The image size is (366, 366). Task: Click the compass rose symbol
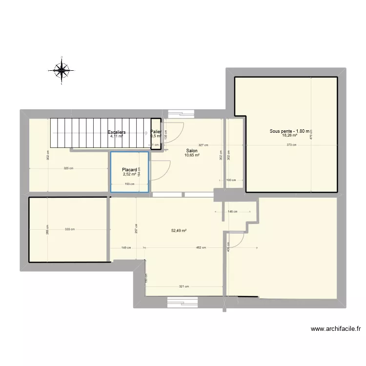click(x=62, y=70)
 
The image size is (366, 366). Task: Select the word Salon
click(x=192, y=151)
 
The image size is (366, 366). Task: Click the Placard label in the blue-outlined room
click(x=129, y=170)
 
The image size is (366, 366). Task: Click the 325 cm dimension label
click(x=69, y=169)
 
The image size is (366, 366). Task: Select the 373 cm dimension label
click(x=291, y=145)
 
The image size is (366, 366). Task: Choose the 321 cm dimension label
click(x=183, y=286)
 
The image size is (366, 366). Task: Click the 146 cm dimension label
click(x=232, y=211)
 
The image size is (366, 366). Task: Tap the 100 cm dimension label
click(x=231, y=180)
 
